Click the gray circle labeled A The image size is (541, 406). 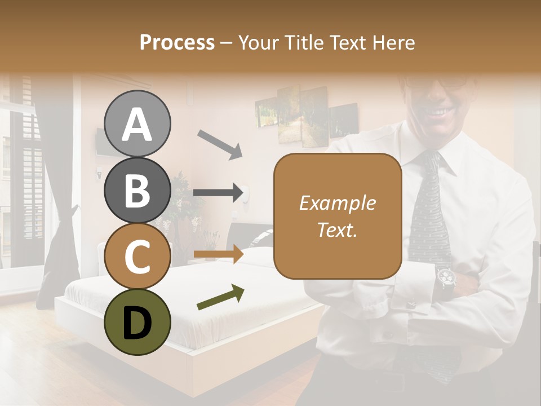pos(137,123)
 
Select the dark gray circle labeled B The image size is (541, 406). pos(137,190)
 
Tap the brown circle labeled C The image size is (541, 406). pos(137,256)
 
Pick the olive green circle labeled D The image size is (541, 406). pos(137,322)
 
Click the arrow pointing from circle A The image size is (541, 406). pos(220,144)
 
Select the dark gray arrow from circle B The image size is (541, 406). pos(218,193)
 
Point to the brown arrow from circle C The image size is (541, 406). pos(218,254)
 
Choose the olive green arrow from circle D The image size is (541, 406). pos(220,298)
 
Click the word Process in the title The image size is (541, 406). pos(177,42)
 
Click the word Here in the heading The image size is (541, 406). pos(394,42)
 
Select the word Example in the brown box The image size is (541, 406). pos(337,203)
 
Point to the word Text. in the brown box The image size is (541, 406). pos(337,230)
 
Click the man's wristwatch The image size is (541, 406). pos(446,278)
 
